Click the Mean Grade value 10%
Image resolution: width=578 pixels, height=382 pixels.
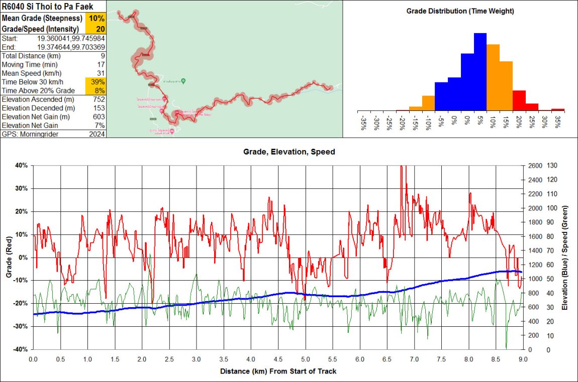[97, 18]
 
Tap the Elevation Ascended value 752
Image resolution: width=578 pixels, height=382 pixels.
[99, 99]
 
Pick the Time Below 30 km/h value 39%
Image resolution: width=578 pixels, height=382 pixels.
[98, 82]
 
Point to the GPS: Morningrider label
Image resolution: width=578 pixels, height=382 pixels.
[24, 134]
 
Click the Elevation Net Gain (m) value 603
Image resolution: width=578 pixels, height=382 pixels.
[99, 117]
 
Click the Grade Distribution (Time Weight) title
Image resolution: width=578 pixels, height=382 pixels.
[460, 11]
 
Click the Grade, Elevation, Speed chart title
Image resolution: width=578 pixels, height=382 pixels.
[289, 151]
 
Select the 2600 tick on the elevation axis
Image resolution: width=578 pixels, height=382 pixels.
[534, 166]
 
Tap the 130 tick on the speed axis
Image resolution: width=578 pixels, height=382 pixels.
[553, 166]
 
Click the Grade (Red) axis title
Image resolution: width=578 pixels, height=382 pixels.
[9, 258]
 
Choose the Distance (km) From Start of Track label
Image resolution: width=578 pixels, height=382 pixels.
[278, 371]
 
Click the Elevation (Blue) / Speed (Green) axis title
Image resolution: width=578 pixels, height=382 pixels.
[566, 258]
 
